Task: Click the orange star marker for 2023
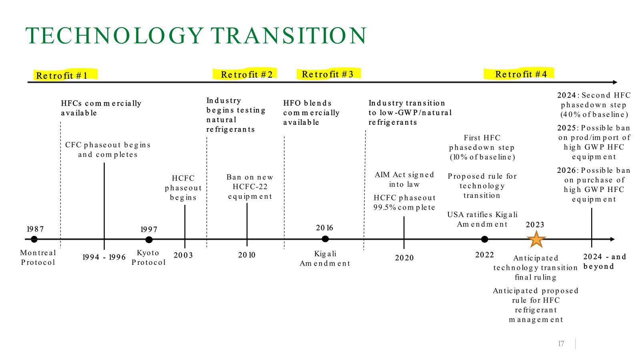536,239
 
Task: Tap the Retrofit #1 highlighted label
62,75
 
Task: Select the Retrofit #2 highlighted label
246,74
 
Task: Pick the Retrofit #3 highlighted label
328,74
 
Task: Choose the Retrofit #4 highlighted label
521,74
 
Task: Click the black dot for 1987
34,239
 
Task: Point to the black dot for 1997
149,240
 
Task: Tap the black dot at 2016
325,239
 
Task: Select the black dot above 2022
484,239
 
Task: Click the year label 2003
183,255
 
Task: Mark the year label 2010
247,255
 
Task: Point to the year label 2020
404,258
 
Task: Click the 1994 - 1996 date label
104,257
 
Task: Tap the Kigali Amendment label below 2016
325,258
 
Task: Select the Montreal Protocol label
38,257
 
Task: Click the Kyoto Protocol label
148,257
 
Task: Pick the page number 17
561,344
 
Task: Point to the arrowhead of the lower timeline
612,239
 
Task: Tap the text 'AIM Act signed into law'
404,179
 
